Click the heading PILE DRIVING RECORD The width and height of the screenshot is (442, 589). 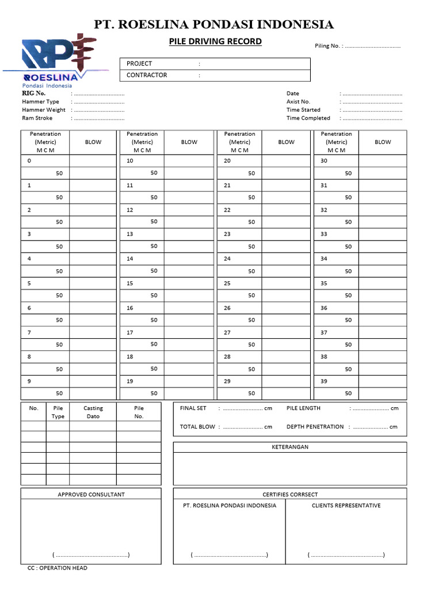pyautogui.click(x=215, y=41)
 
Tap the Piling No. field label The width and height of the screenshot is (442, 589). pyautogui.click(x=329, y=46)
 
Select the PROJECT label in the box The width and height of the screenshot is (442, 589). pyautogui.click(x=139, y=64)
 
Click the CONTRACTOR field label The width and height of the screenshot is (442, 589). pyautogui.click(x=147, y=75)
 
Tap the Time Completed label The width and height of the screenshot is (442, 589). pyautogui.click(x=308, y=118)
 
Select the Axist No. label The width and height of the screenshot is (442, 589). pyautogui.click(x=298, y=102)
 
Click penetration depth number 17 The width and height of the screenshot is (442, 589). pyautogui.click(x=130, y=332)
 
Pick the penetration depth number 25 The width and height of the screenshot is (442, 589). pyautogui.click(x=227, y=284)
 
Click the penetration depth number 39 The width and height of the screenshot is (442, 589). pyautogui.click(x=324, y=381)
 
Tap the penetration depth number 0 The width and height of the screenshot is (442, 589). pyautogui.click(x=29, y=161)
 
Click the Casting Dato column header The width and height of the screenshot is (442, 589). pyautogui.click(x=93, y=412)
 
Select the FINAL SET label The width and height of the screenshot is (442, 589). pyautogui.click(x=193, y=408)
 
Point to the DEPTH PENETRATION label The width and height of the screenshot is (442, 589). pyautogui.click(x=315, y=427)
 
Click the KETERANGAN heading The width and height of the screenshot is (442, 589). pyautogui.click(x=290, y=447)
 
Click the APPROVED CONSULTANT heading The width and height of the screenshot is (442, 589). pyautogui.click(x=91, y=495)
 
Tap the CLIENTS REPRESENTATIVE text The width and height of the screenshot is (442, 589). pyautogui.click(x=346, y=506)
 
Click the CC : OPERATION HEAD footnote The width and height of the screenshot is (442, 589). pyautogui.click(x=57, y=568)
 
